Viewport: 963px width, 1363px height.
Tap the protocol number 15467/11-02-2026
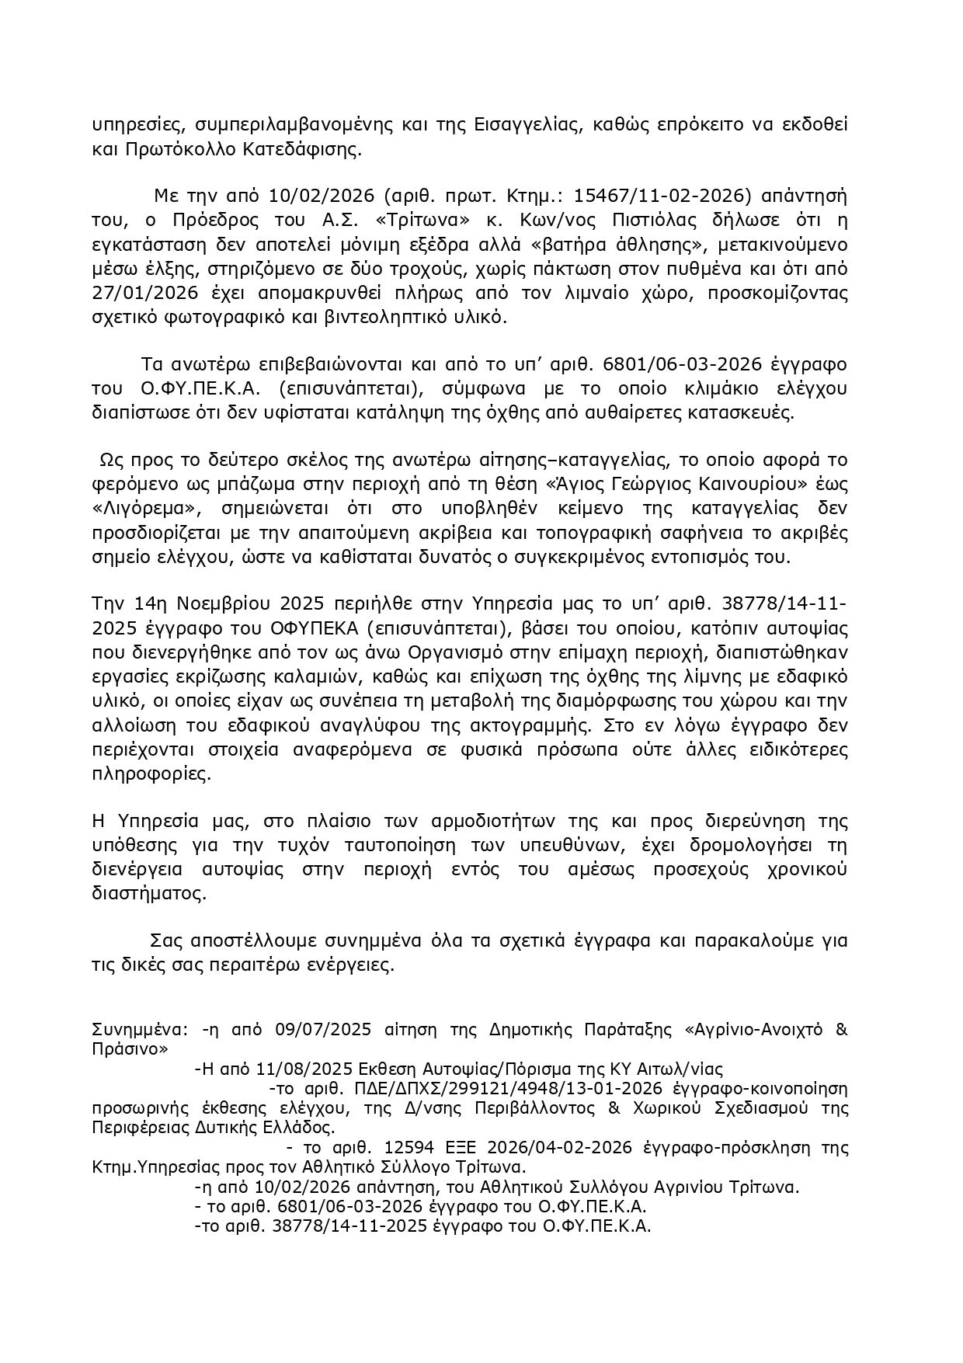tap(641, 194)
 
